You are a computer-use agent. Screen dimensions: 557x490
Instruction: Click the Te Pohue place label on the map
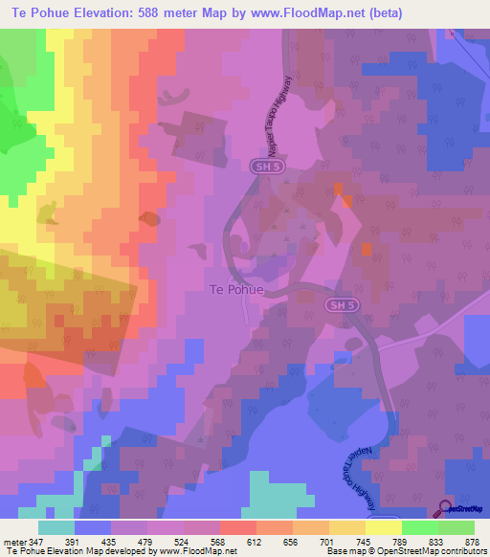(235, 288)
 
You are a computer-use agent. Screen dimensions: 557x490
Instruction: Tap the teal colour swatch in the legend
(56, 527)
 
